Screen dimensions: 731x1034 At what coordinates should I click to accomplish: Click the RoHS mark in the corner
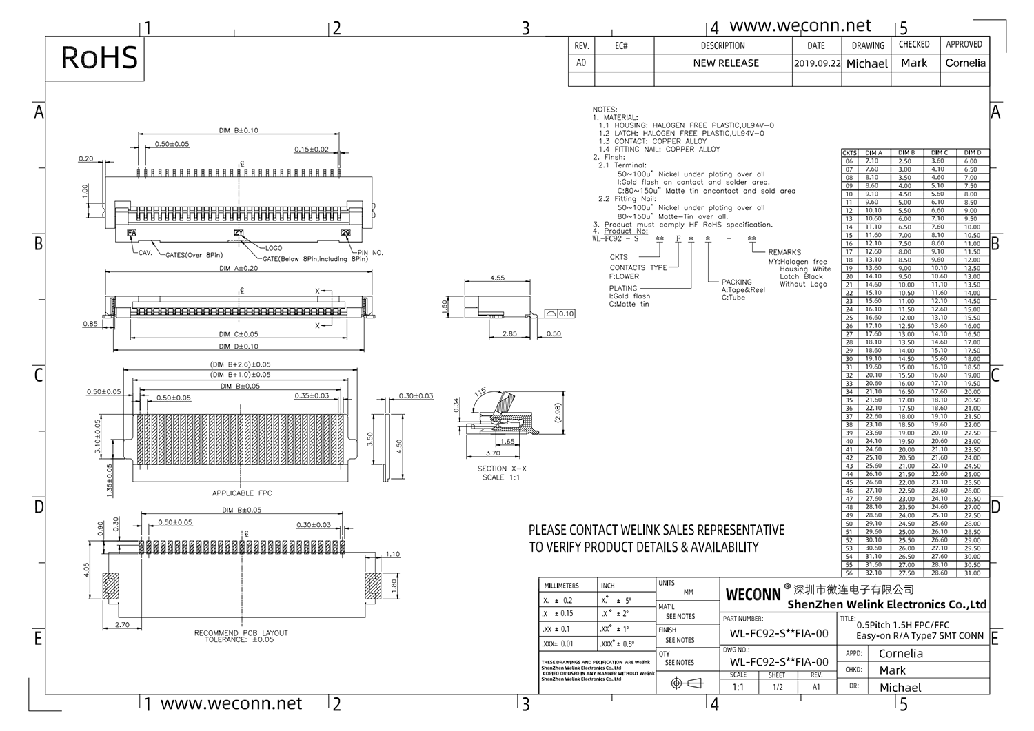point(99,58)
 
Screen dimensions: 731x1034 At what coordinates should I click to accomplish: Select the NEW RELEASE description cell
point(726,63)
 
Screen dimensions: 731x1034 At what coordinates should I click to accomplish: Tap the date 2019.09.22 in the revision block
point(817,63)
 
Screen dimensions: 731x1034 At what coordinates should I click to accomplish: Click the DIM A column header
point(873,153)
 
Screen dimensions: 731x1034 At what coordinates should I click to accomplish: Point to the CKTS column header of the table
point(849,153)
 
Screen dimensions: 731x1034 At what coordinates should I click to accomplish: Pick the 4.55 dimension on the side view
point(497,278)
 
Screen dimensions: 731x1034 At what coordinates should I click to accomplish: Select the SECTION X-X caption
point(501,469)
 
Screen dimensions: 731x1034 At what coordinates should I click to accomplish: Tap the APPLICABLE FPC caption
point(242,493)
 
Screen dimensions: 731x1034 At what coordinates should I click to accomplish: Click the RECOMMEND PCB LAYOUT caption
point(241,633)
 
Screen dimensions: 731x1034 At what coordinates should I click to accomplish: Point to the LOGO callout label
point(274,248)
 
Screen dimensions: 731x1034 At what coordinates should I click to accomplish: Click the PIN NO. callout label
point(369,253)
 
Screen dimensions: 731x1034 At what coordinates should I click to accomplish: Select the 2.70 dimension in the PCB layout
point(122,625)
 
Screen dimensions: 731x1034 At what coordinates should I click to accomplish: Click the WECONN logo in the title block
point(753,594)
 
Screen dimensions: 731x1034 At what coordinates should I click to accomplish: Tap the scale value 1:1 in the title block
point(738,688)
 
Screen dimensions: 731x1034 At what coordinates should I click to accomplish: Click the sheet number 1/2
point(778,688)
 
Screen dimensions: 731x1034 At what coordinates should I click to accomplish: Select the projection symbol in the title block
point(685,683)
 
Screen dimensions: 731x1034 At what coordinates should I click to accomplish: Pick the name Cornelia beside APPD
point(900,654)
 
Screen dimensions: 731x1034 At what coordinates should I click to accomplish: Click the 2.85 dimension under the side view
point(509,333)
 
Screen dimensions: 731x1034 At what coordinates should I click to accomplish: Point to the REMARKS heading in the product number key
point(784,252)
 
